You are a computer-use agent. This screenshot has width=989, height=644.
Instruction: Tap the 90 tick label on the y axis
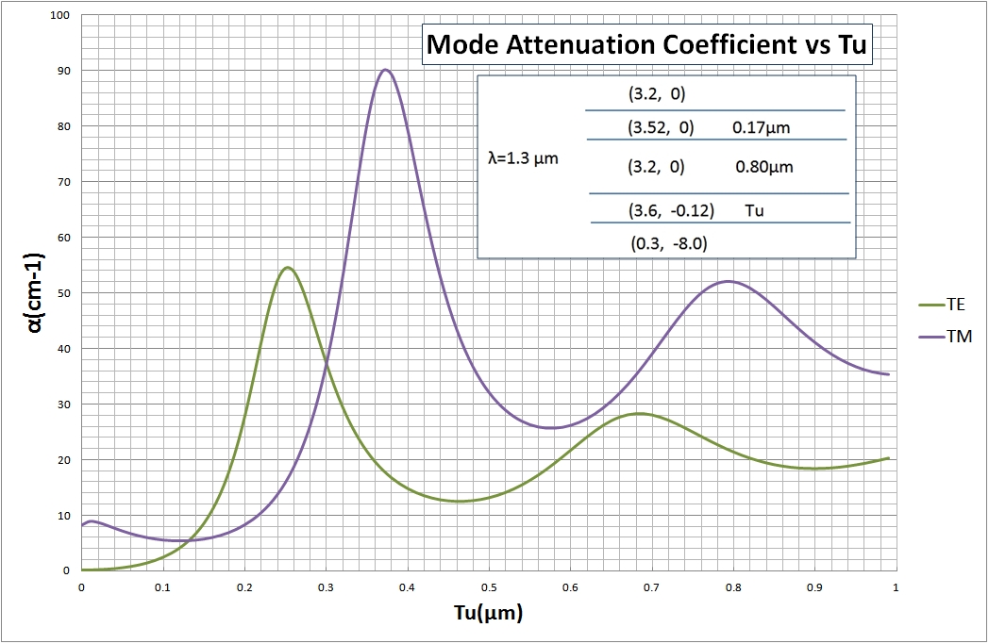click(63, 71)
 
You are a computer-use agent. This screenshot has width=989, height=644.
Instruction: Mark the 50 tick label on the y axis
click(63, 293)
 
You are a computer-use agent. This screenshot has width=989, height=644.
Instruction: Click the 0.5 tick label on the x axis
click(488, 586)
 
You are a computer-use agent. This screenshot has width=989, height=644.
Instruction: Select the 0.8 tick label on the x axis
click(732, 586)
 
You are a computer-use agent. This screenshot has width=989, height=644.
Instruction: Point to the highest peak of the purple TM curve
click(385, 70)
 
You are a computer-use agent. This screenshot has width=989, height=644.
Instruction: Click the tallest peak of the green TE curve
click(288, 268)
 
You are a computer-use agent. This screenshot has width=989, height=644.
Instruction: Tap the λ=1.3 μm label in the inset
click(516, 158)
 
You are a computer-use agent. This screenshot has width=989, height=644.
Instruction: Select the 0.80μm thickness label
click(764, 168)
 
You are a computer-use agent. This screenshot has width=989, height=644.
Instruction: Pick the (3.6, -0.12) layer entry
click(671, 210)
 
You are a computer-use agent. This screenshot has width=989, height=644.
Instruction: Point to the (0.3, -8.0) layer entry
click(669, 243)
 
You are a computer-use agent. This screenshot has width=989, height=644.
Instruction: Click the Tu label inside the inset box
click(754, 210)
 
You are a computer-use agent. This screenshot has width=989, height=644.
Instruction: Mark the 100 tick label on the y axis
click(60, 15)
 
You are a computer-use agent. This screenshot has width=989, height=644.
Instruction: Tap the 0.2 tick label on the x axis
click(243, 586)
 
